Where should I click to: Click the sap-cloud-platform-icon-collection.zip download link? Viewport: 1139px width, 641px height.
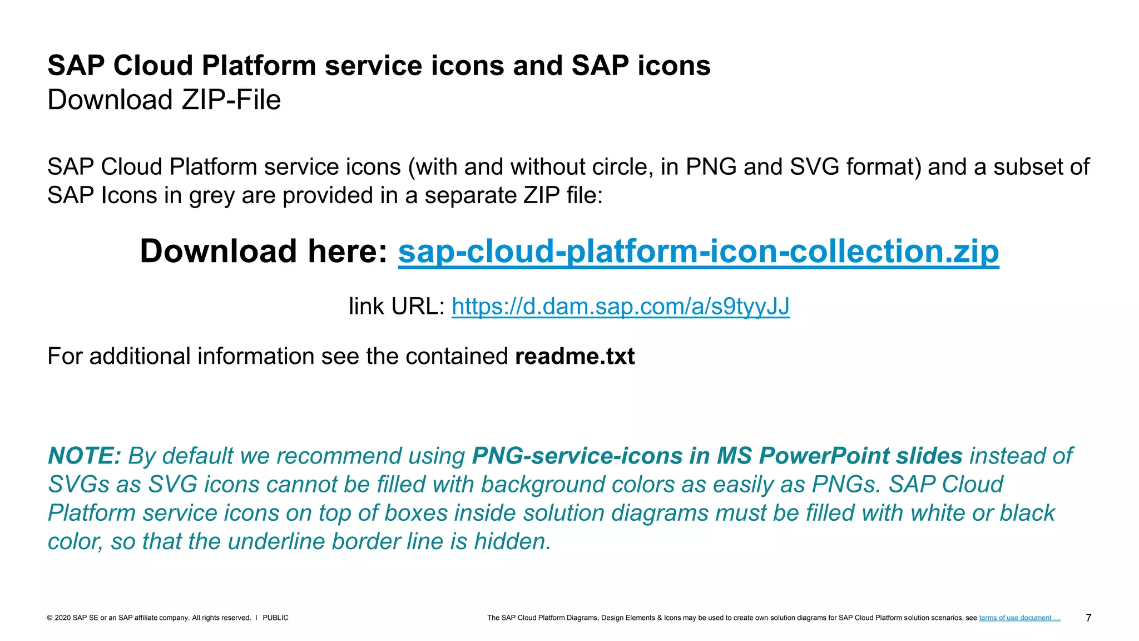click(x=698, y=252)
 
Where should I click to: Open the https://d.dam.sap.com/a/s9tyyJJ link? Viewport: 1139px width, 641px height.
click(x=620, y=307)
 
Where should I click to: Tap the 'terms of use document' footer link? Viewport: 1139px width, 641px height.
click(x=1019, y=618)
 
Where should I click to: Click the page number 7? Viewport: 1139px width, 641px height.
click(x=1088, y=618)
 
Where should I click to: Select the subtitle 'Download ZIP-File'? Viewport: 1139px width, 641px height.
click(x=164, y=100)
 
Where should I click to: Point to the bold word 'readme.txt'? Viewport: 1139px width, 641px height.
click(x=575, y=357)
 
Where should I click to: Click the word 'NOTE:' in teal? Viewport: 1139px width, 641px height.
click(x=85, y=456)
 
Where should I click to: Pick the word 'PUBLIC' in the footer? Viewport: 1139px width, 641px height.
click(x=275, y=618)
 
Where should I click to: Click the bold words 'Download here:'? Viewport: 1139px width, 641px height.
click(x=264, y=252)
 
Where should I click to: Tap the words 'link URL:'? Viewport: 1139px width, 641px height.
click(x=397, y=307)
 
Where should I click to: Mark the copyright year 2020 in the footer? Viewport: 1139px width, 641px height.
click(x=62, y=618)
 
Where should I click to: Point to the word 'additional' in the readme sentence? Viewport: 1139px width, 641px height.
click(x=140, y=357)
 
